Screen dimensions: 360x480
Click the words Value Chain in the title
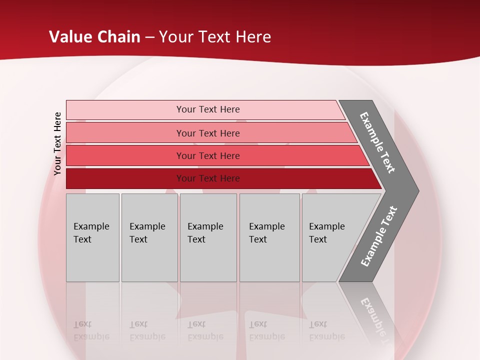click(94, 37)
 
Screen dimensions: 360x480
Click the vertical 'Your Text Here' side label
click(57, 143)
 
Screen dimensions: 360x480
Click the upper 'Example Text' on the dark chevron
click(378, 142)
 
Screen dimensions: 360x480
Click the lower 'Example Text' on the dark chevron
click(379, 236)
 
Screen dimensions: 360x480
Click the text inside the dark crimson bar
click(208, 178)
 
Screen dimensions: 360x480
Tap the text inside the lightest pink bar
click(208, 109)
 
